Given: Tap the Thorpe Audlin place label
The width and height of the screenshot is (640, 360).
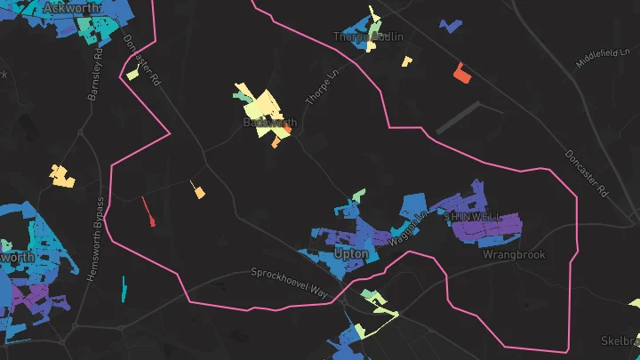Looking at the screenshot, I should (x=368, y=36).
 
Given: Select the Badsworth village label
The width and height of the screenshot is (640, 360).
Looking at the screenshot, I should (x=269, y=122).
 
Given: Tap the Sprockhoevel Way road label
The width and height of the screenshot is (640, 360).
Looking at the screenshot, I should (x=289, y=283).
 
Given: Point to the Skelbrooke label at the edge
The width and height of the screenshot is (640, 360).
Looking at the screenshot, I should (x=620, y=341).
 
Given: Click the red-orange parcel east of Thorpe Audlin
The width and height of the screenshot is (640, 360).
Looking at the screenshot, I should (x=460, y=73).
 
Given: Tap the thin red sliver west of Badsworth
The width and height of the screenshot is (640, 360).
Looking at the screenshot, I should (x=148, y=212).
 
